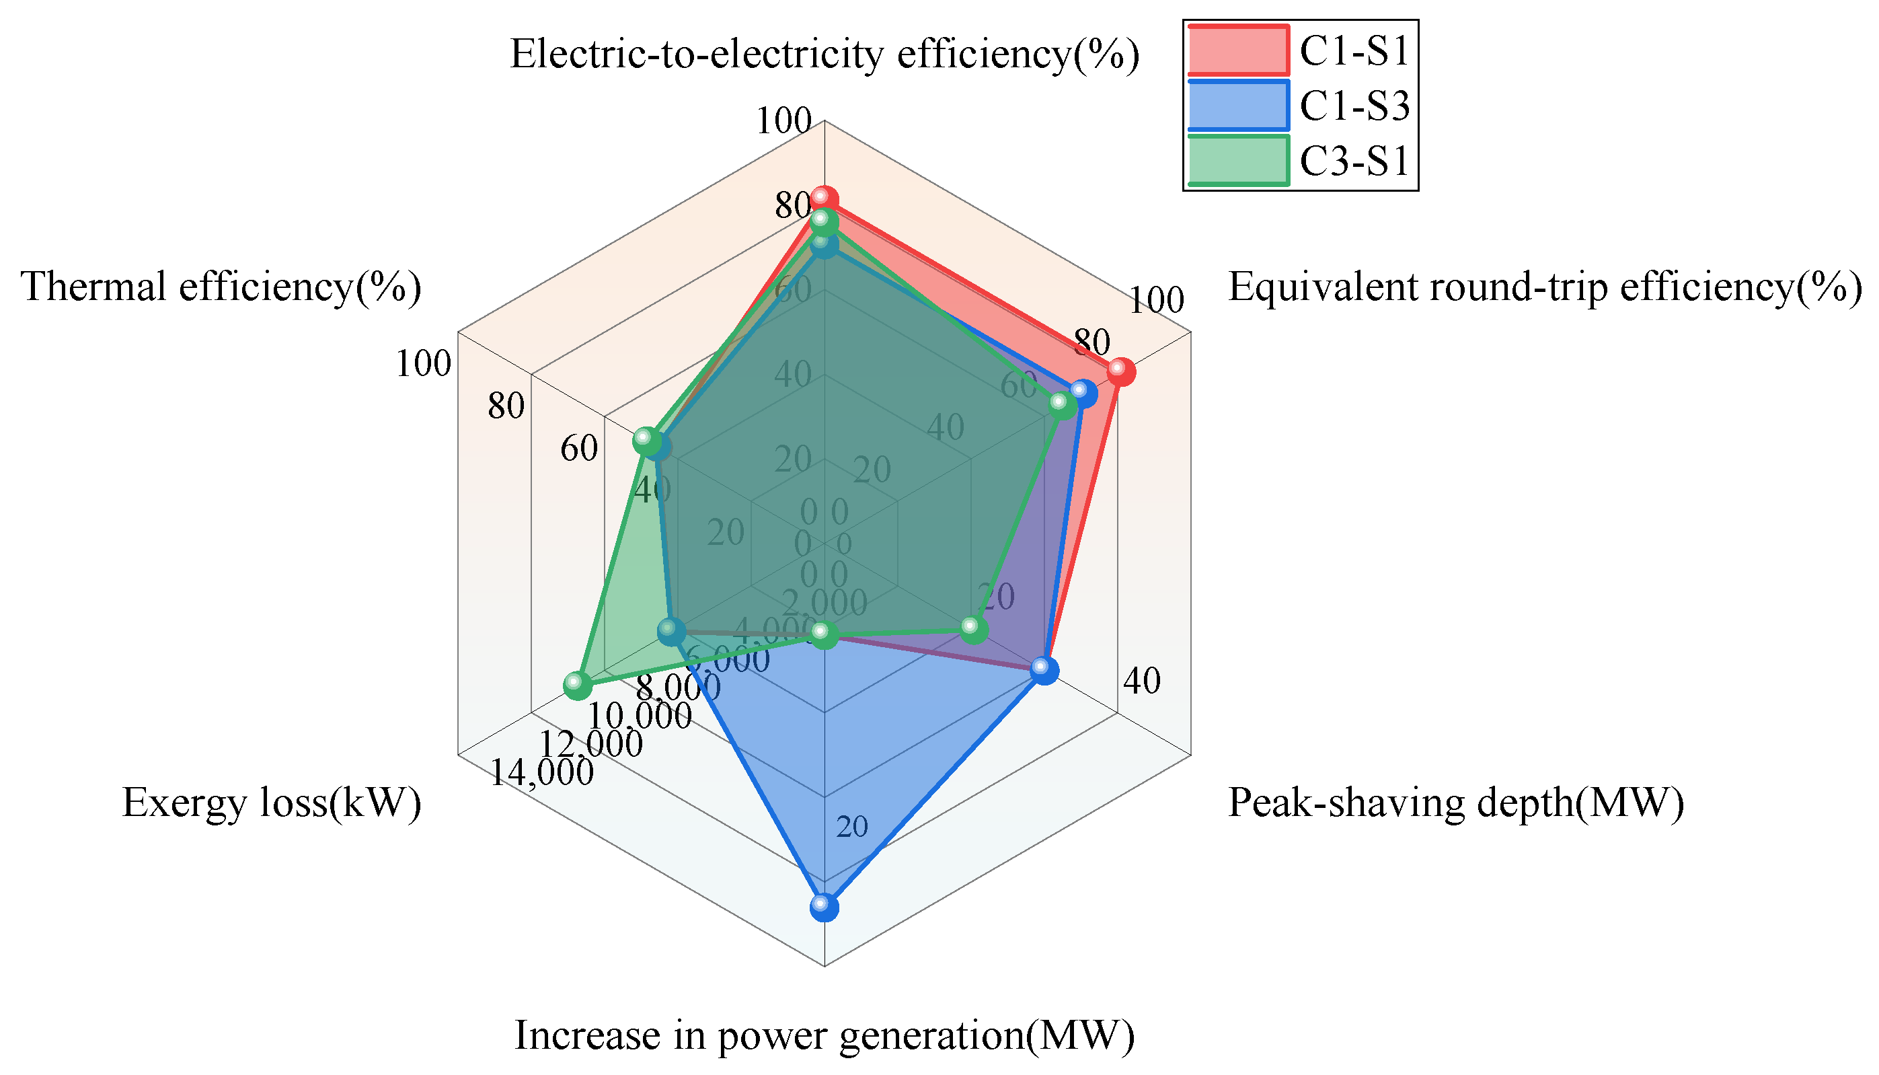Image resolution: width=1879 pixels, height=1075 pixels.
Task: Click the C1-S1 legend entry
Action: [1299, 51]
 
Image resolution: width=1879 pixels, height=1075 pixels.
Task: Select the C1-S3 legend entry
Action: [1299, 106]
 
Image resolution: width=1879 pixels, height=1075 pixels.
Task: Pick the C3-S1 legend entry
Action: [1299, 160]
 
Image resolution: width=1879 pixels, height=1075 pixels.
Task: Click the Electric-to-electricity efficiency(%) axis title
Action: [825, 54]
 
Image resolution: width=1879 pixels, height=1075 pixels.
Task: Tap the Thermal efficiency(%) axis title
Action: [221, 287]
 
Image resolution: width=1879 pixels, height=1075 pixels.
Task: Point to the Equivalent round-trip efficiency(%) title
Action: [1544, 287]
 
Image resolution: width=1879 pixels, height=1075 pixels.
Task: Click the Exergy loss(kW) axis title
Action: [271, 803]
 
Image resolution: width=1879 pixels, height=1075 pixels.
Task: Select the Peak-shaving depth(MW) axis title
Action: [1455, 803]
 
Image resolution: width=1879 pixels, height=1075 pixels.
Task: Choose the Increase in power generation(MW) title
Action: [824, 1036]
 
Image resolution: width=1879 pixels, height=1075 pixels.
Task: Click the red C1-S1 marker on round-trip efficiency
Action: [1120, 371]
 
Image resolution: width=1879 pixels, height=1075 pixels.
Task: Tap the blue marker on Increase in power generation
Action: [824, 907]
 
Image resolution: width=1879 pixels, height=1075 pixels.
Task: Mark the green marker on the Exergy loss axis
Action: [577, 685]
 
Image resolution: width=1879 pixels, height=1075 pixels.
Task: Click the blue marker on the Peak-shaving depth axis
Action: [1044, 669]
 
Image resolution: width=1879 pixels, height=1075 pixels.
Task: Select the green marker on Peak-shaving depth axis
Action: [973, 629]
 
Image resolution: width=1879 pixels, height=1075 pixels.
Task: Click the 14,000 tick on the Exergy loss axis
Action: [541, 773]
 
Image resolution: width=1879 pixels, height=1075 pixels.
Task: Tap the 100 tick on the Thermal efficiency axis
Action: [423, 364]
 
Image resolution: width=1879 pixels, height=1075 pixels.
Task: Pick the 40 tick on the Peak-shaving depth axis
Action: [1142, 681]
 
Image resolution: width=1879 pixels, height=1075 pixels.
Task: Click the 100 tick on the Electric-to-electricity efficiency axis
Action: [783, 121]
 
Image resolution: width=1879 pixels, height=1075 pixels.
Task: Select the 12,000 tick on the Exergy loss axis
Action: [590, 743]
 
